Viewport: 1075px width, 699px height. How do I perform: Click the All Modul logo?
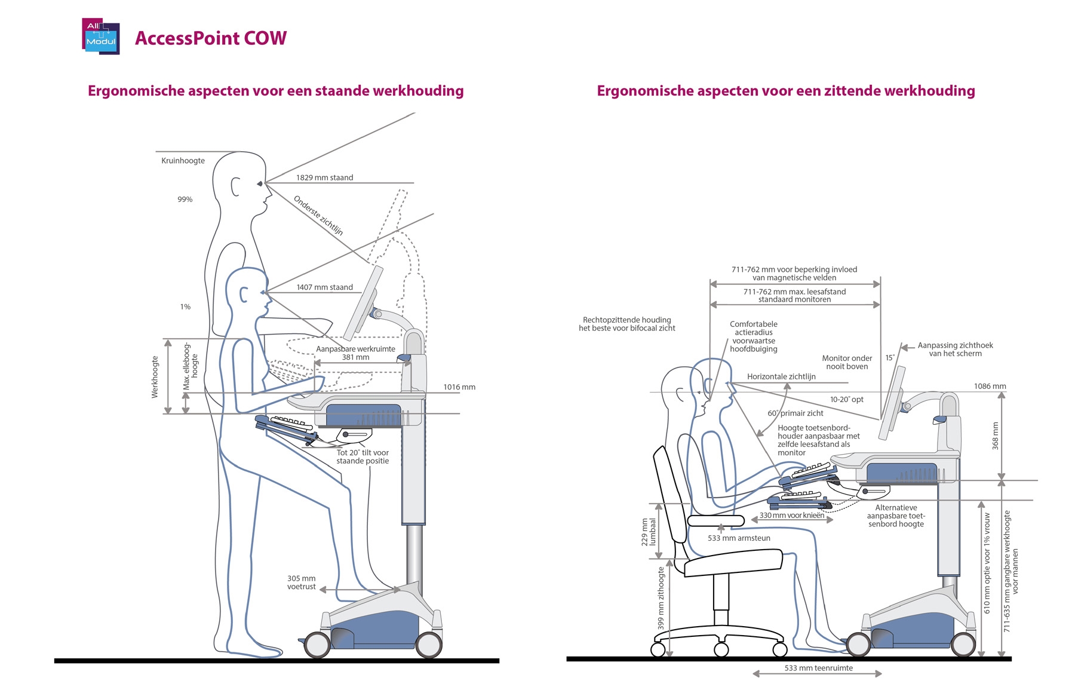click(100, 37)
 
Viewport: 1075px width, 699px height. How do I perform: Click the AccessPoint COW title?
click(211, 38)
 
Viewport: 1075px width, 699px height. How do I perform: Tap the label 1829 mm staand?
click(324, 177)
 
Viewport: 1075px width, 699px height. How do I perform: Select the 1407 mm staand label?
click(324, 287)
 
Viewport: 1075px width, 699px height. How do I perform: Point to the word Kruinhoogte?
click(183, 161)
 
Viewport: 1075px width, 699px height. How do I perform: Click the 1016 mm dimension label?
click(459, 387)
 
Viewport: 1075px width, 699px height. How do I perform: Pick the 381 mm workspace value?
click(355, 357)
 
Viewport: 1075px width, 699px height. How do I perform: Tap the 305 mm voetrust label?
click(302, 582)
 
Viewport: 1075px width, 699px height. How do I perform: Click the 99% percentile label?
click(185, 200)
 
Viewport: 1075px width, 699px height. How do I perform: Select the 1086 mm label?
click(990, 387)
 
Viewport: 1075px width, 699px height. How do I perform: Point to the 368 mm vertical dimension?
click(995, 436)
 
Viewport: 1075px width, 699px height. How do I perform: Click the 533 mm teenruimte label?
click(818, 668)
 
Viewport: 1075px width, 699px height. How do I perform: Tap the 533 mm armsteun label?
click(739, 538)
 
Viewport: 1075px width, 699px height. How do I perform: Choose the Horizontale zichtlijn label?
click(781, 377)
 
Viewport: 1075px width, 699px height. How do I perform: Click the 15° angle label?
click(890, 358)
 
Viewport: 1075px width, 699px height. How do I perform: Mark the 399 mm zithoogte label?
click(661, 597)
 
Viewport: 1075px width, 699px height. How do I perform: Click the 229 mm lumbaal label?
click(649, 532)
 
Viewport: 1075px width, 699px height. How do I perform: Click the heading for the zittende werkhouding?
click(786, 91)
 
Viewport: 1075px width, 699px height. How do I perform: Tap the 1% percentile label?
click(185, 307)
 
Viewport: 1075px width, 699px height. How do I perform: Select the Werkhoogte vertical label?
click(155, 377)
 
